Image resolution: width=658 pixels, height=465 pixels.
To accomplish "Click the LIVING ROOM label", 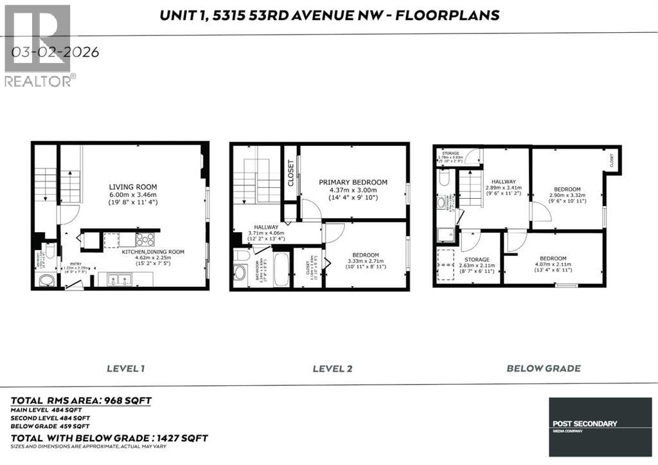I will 132,187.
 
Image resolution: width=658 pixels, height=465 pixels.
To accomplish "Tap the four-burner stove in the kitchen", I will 145,239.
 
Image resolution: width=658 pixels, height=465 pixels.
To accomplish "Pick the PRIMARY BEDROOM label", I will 353,182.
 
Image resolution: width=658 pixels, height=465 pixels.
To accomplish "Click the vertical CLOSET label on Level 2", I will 291,173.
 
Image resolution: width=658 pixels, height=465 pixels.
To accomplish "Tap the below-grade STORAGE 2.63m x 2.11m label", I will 477,264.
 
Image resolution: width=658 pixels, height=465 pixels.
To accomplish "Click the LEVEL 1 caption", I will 125,369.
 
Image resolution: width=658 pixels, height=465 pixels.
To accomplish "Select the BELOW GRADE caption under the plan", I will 544,369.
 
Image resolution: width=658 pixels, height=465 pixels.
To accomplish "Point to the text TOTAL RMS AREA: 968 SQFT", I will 80,401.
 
